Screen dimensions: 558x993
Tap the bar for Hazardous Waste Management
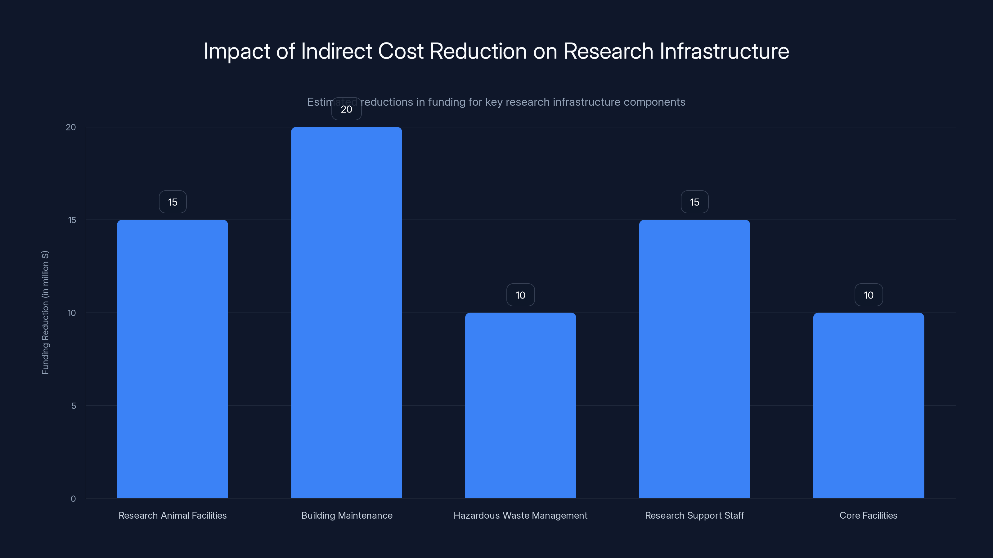(520, 405)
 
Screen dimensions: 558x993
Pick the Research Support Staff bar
(694, 359)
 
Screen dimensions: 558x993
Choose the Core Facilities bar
(869, 405)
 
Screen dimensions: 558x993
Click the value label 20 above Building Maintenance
(346, 109)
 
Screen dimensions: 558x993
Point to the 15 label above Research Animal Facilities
(173, 202)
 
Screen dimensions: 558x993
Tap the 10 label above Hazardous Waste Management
(520, 295)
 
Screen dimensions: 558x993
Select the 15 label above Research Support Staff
(694, 202)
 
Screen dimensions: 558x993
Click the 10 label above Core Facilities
(869, 295)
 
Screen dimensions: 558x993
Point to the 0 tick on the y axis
(73, 499)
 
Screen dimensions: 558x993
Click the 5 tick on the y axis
(74, 406)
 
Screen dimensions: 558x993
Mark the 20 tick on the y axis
(71, 127)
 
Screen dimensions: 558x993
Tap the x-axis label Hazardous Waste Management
(520, 516)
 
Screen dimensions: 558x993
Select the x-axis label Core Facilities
(869, 516)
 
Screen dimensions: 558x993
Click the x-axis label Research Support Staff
(694, 516)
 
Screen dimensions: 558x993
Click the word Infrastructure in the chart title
(724, 51)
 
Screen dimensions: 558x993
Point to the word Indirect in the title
(336, 51)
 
